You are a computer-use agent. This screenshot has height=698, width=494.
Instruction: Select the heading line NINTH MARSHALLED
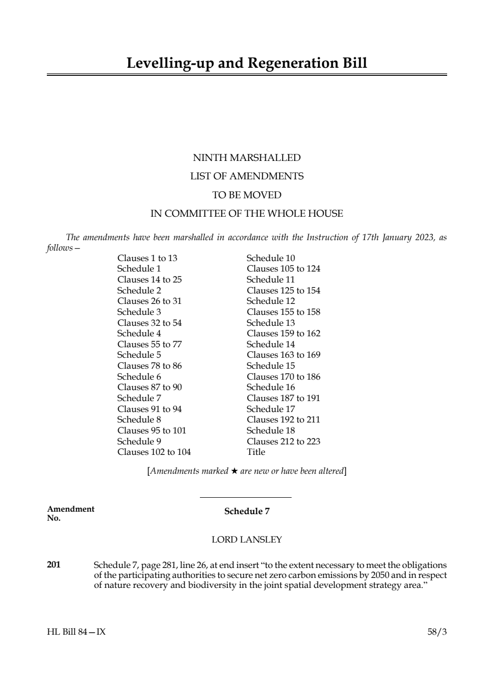pyautogui.click(x=247, y=158)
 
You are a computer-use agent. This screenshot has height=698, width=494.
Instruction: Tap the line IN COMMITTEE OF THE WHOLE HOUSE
pyautogui.click(x=247, y=214)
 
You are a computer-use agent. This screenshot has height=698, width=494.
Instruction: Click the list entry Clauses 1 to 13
pyautogui.click(x=147, y=258)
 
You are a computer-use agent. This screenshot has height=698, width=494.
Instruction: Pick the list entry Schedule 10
pyautogui.click(x=271, y=258)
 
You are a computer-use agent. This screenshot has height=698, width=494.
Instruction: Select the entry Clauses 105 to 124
pyautogui.click(x=283, y=269)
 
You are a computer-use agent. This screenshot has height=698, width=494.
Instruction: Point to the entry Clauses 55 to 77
pyautogui.click(x=150, y=344)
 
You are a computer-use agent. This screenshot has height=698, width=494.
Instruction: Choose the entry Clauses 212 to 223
pyautogui.click(x=283, y=441)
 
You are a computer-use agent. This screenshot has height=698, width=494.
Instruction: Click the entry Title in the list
pyautogui.click(x=256, y=452)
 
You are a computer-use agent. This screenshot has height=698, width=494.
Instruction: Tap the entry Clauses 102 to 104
pyautogui.click(x=154, y=452)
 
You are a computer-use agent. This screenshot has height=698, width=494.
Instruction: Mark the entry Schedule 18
pyautogui.click(x=271, y=430)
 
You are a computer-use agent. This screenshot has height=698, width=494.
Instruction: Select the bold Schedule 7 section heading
pyautogui.click(x=247, y=511)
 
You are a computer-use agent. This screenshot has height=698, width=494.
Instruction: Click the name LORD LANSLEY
pyautogui.click(x=247, y=540)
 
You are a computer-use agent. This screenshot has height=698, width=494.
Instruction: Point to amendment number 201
pyautogui.click(x=54, y=564)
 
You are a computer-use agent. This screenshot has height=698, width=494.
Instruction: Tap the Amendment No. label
pyautogui.click(x=70, y=513)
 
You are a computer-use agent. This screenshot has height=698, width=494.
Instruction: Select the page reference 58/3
pyautogui.click(x=437, y=632)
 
